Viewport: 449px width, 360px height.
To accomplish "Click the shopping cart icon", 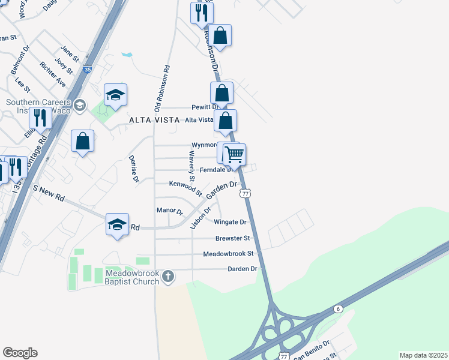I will (x=235, y=154).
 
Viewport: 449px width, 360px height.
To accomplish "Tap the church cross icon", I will (x=168, y=277).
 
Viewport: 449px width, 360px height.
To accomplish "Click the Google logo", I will (x=20, y=353).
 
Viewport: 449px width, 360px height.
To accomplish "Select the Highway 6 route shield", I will (x=338, y=308).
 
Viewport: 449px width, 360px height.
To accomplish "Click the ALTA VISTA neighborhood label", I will (x=154, y=120).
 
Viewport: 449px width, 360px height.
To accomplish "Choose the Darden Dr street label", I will (x=243, y=269).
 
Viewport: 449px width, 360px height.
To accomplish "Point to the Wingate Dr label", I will (x=231, y=222).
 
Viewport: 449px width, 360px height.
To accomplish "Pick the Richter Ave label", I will (x=52, y=74).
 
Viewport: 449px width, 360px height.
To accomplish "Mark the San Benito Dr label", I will (x=312, y=350).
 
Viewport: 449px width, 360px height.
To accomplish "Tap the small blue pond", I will (x=126, y=55).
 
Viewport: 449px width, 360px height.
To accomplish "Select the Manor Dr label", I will (x=169, y=211).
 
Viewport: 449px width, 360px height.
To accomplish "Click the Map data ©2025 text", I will (x=423, y=355).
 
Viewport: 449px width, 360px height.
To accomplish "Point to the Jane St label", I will (x=70, y=53).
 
